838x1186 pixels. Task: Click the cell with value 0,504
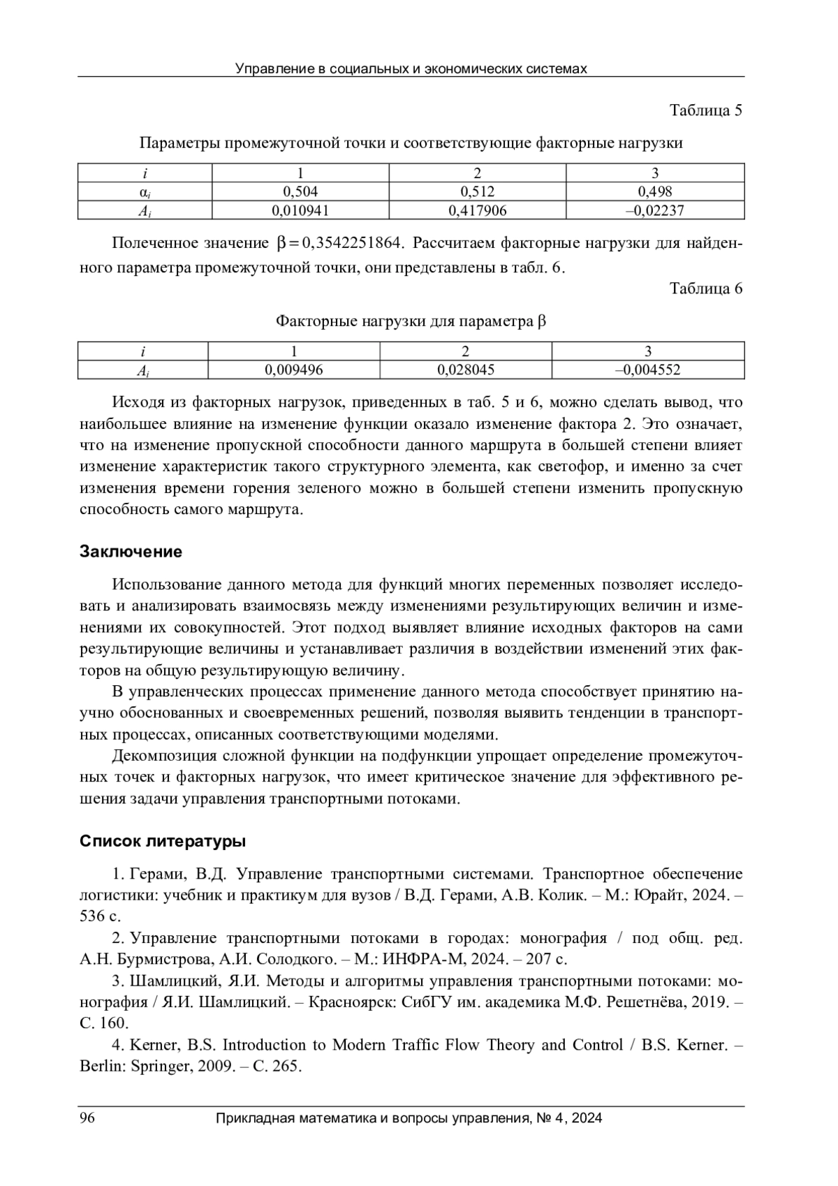[x=300, y=192]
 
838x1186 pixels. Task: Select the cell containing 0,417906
[x=477, y=210]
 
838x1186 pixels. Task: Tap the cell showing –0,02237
[x=654, y=210]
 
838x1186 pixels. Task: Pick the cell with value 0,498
[x=654, y=192]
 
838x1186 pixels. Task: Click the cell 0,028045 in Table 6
[x=465, y=370]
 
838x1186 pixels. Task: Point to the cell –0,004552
[x=647, y=370]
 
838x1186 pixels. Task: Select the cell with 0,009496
[x=293, y=370]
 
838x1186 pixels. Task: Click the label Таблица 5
[x=705, y=110]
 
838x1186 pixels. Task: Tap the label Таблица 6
[x=705, y=289]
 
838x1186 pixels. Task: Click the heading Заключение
[x=131, y=552]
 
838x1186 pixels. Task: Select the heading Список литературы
[x=163, y=841]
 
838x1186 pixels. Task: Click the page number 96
[x=87, y=1118]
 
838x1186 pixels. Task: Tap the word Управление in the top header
[x=267, y=68]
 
